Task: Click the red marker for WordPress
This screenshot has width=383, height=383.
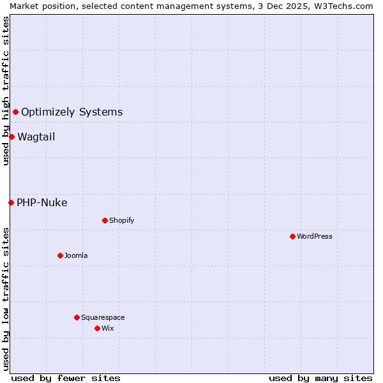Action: pyautogui.click(x=292, y=236)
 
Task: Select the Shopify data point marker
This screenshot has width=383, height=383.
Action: pyautogui.click(x=105, y=220)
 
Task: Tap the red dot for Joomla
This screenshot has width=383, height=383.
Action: pyautogui.click(x=60, y=255)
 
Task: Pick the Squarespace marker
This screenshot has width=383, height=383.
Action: pyautogui.click(x=77, y=317)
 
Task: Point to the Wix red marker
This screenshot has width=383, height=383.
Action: pyautogui.click(x=97, y=328)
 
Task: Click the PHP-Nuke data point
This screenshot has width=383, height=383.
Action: pyautogui.click(x=11, y=202)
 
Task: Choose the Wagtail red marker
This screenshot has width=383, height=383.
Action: pyautogui.click(x=11, y=137)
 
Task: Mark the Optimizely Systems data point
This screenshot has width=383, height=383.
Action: pyautogui.click(x=15, y=112)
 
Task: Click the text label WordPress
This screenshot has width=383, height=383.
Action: pyautogui.click(x=315, y=236)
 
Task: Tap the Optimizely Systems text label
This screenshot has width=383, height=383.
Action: pyautogui.click(x=71, y=112)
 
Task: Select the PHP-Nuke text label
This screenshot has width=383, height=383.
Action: pyautogui.click(x=41, y=202)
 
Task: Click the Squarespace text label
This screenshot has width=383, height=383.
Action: pyautogui.click(x=103, y=317)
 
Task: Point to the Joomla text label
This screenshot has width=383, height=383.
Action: pyautogui.click(x=76, y=255)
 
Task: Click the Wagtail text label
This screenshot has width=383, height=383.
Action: pyautogui.click(x=36, y=137)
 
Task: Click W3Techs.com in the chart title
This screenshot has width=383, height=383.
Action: pyautogui.click(x=344, y=6)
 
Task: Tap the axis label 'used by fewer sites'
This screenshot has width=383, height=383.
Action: pyautogui.click(x=66, y=378)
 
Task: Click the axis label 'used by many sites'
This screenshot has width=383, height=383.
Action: pyautogui.click(x=320, y=378)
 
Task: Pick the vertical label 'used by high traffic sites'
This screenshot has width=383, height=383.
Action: pyautogui.click(x=6, y=91)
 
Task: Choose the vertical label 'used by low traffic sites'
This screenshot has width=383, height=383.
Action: pyautogui.click(x=6, y=299)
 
